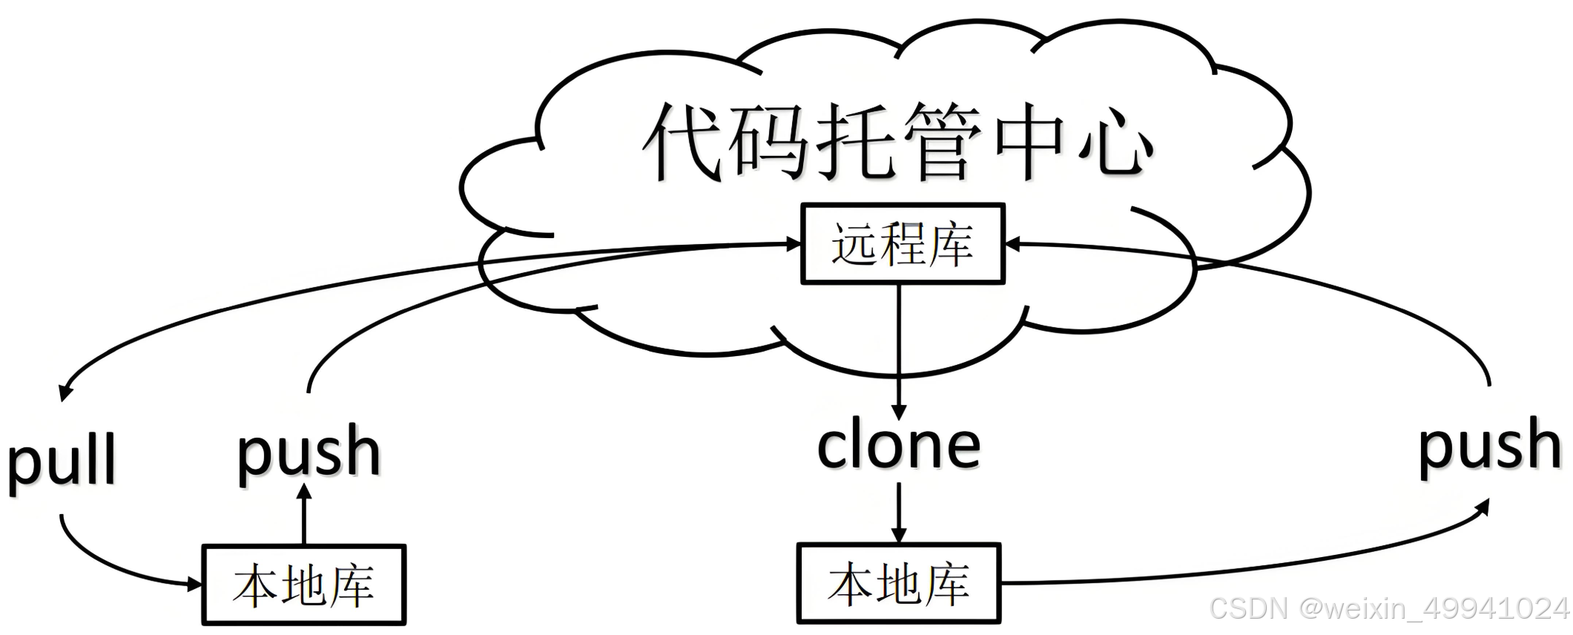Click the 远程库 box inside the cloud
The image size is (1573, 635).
click(x=903, y=244)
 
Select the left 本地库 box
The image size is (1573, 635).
click(x=304, y=585)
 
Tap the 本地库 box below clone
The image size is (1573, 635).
click(x=899, y=584)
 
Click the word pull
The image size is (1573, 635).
click(x=62, y=461)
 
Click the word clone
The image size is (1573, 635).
click(x=899, y=447)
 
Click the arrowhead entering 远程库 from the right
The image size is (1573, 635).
click(x=1013, y=243)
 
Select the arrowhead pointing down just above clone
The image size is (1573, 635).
click(x=899, y=412)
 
